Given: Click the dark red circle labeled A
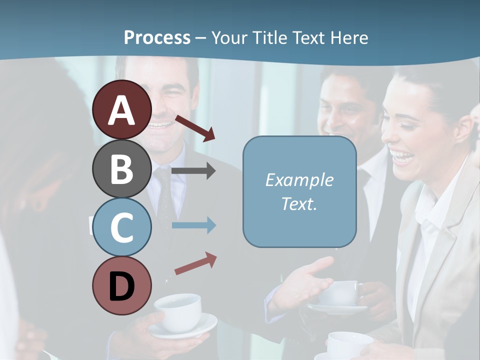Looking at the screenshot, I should [122, 109].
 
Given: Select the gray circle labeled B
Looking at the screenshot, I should [122, 168].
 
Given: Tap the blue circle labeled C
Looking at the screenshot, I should [122, 227].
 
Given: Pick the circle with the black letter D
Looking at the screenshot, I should [122, 286].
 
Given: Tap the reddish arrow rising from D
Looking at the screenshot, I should [195, 263].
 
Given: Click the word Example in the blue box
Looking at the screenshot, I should [299, 180].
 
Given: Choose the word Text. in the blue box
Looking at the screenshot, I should [299, 203].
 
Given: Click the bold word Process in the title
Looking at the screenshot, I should [157, 37].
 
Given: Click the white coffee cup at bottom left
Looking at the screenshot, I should [178, 310].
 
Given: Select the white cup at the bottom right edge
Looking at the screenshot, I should [350, 345].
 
